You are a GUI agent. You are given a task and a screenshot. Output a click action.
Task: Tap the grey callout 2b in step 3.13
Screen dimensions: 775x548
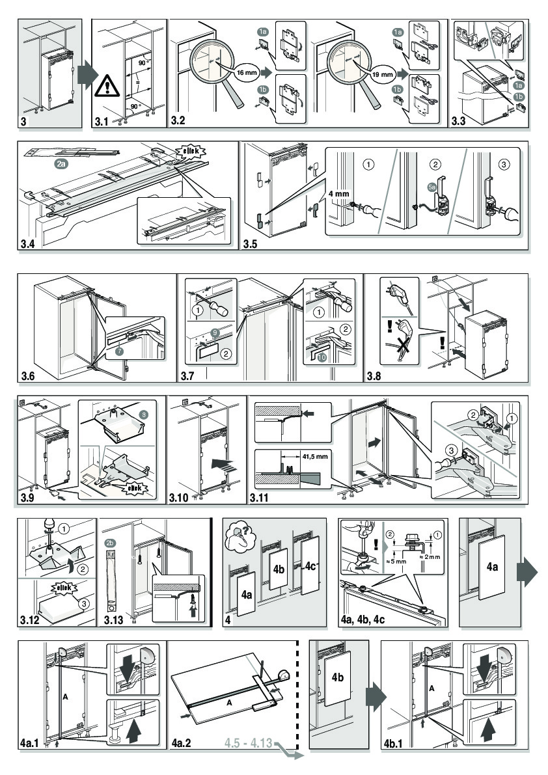pyautogui.click(x=110, y=543)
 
